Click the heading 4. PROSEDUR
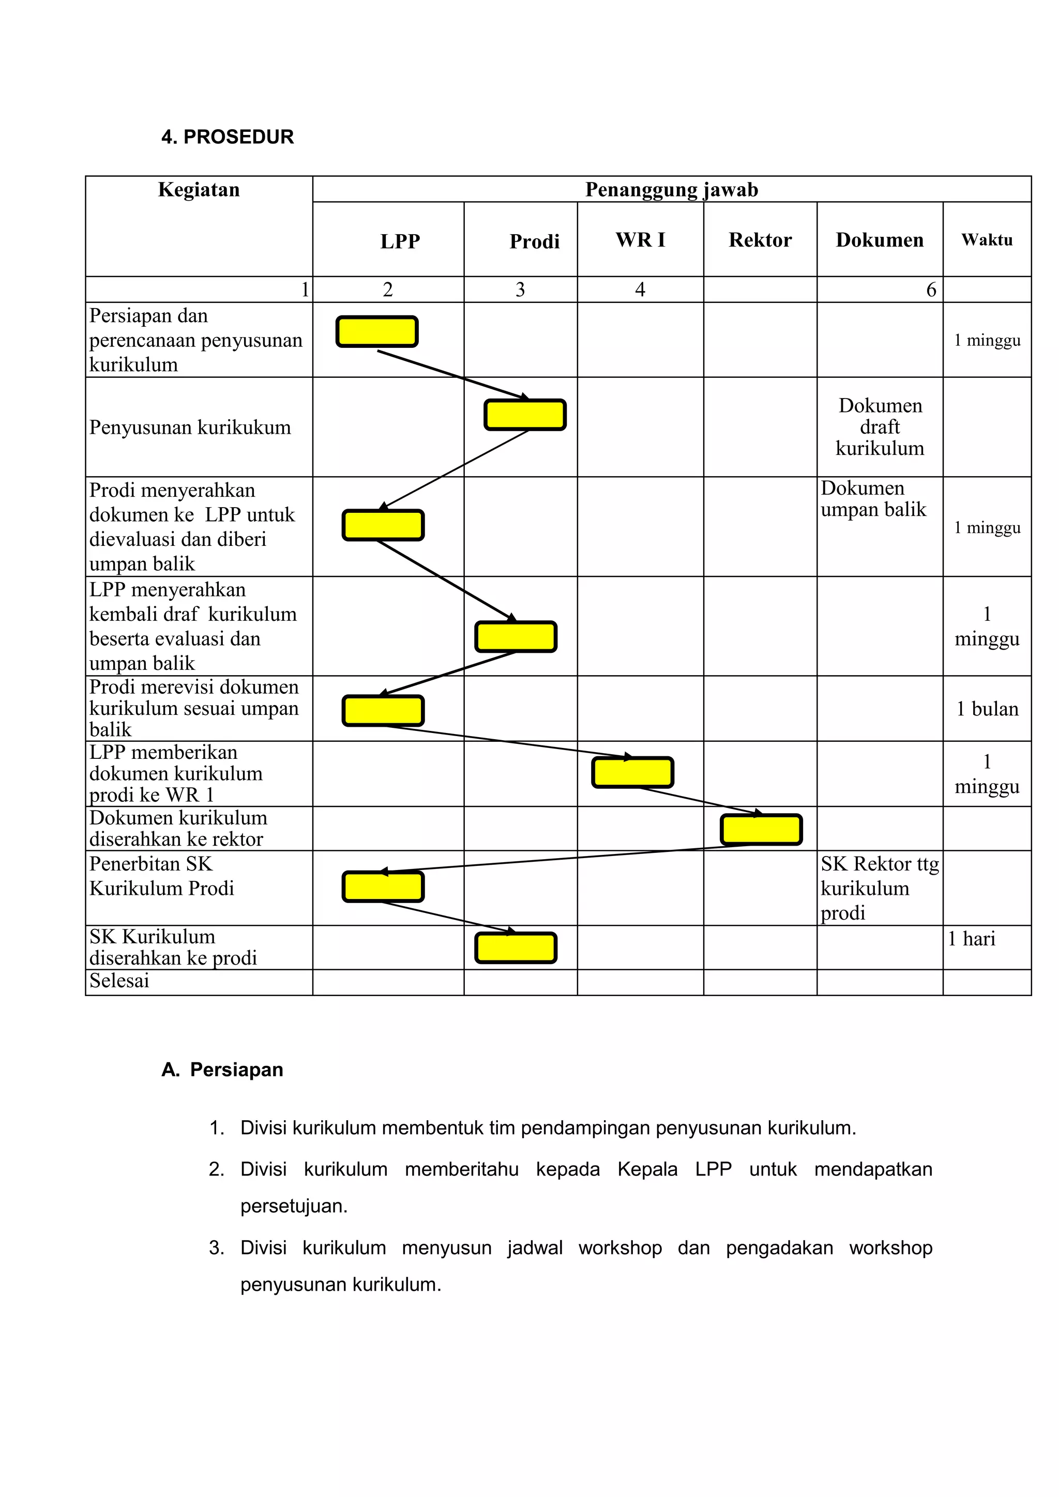click(x=228, y=137)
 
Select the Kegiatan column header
click(x=199, y=190)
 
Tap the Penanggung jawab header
click(x=671, y=190)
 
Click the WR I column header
click(x=640, y=240)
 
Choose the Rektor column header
click(x=760, y=240)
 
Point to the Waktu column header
click(x=987, y=240)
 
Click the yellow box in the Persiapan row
click(x=377, y=332)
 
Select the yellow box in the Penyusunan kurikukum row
click(x=525, y=415)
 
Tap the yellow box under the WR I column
click(x=632, y=773)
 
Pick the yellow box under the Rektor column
click(x=761, y=830)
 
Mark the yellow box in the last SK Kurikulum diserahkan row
click(x=516, y=948)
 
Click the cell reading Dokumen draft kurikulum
click(x=880, y=427)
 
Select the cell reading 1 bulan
click(x=987, y=709)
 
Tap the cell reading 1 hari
click(x=972, y=939)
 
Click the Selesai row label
click(x=119, y=981)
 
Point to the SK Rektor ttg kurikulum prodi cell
click(x=879, y=888)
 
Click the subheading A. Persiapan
click(x=222, y=1070)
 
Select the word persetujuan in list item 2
click(x=293, y=1206)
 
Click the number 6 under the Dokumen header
click(x=931, y=289)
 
